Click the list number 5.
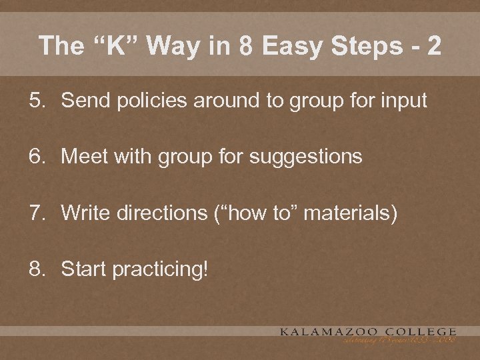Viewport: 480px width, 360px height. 36,101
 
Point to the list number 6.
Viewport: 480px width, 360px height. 36,157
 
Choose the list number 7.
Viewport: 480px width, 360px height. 36,213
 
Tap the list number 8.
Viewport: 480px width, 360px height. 36,269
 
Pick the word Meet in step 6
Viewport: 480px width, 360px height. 83,157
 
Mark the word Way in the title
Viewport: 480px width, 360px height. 173,47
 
